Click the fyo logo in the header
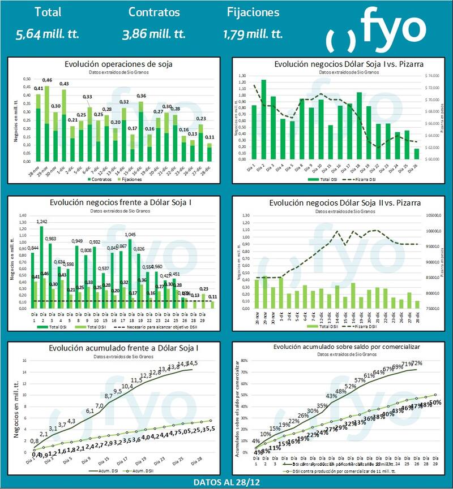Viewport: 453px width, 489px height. coord(376,28)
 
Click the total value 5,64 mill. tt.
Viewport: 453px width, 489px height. coord(48,34)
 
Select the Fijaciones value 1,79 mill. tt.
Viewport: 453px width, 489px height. coord(252,34)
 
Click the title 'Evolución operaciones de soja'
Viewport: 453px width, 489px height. coord(118,64)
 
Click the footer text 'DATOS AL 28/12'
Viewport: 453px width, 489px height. coord(226,482)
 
